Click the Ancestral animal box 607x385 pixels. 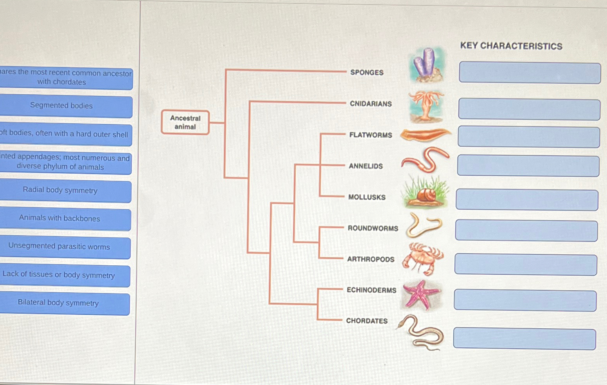185,122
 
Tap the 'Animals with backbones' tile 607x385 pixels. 60,219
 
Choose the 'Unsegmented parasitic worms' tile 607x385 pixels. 60,247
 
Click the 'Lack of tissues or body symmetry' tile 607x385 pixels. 59,275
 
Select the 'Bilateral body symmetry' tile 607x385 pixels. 59,303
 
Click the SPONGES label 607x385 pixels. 367,72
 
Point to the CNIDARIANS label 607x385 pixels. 371,104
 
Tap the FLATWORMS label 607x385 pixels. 371,135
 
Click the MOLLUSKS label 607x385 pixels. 367,197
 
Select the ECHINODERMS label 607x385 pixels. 372,290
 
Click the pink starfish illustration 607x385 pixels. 421,294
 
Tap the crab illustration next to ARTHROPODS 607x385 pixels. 422,258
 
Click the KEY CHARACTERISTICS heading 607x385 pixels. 511,46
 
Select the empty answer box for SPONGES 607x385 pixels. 530,73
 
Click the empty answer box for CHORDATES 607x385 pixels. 524,339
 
